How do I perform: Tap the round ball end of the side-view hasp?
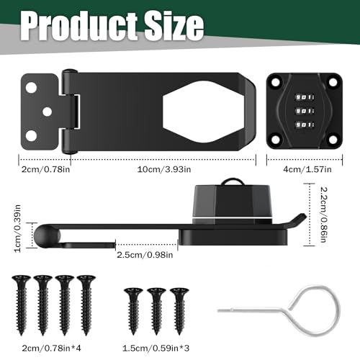click(x=44, y=233)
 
